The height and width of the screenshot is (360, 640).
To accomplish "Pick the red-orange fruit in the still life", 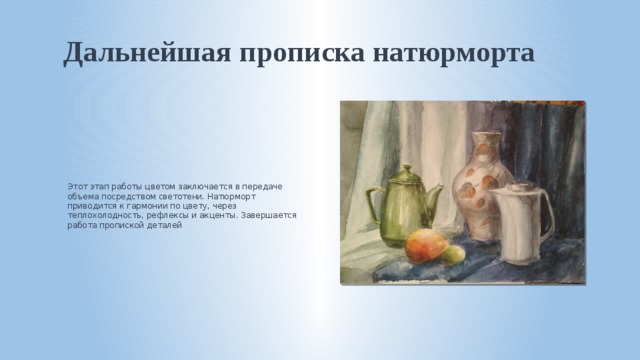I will pos(423,246).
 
